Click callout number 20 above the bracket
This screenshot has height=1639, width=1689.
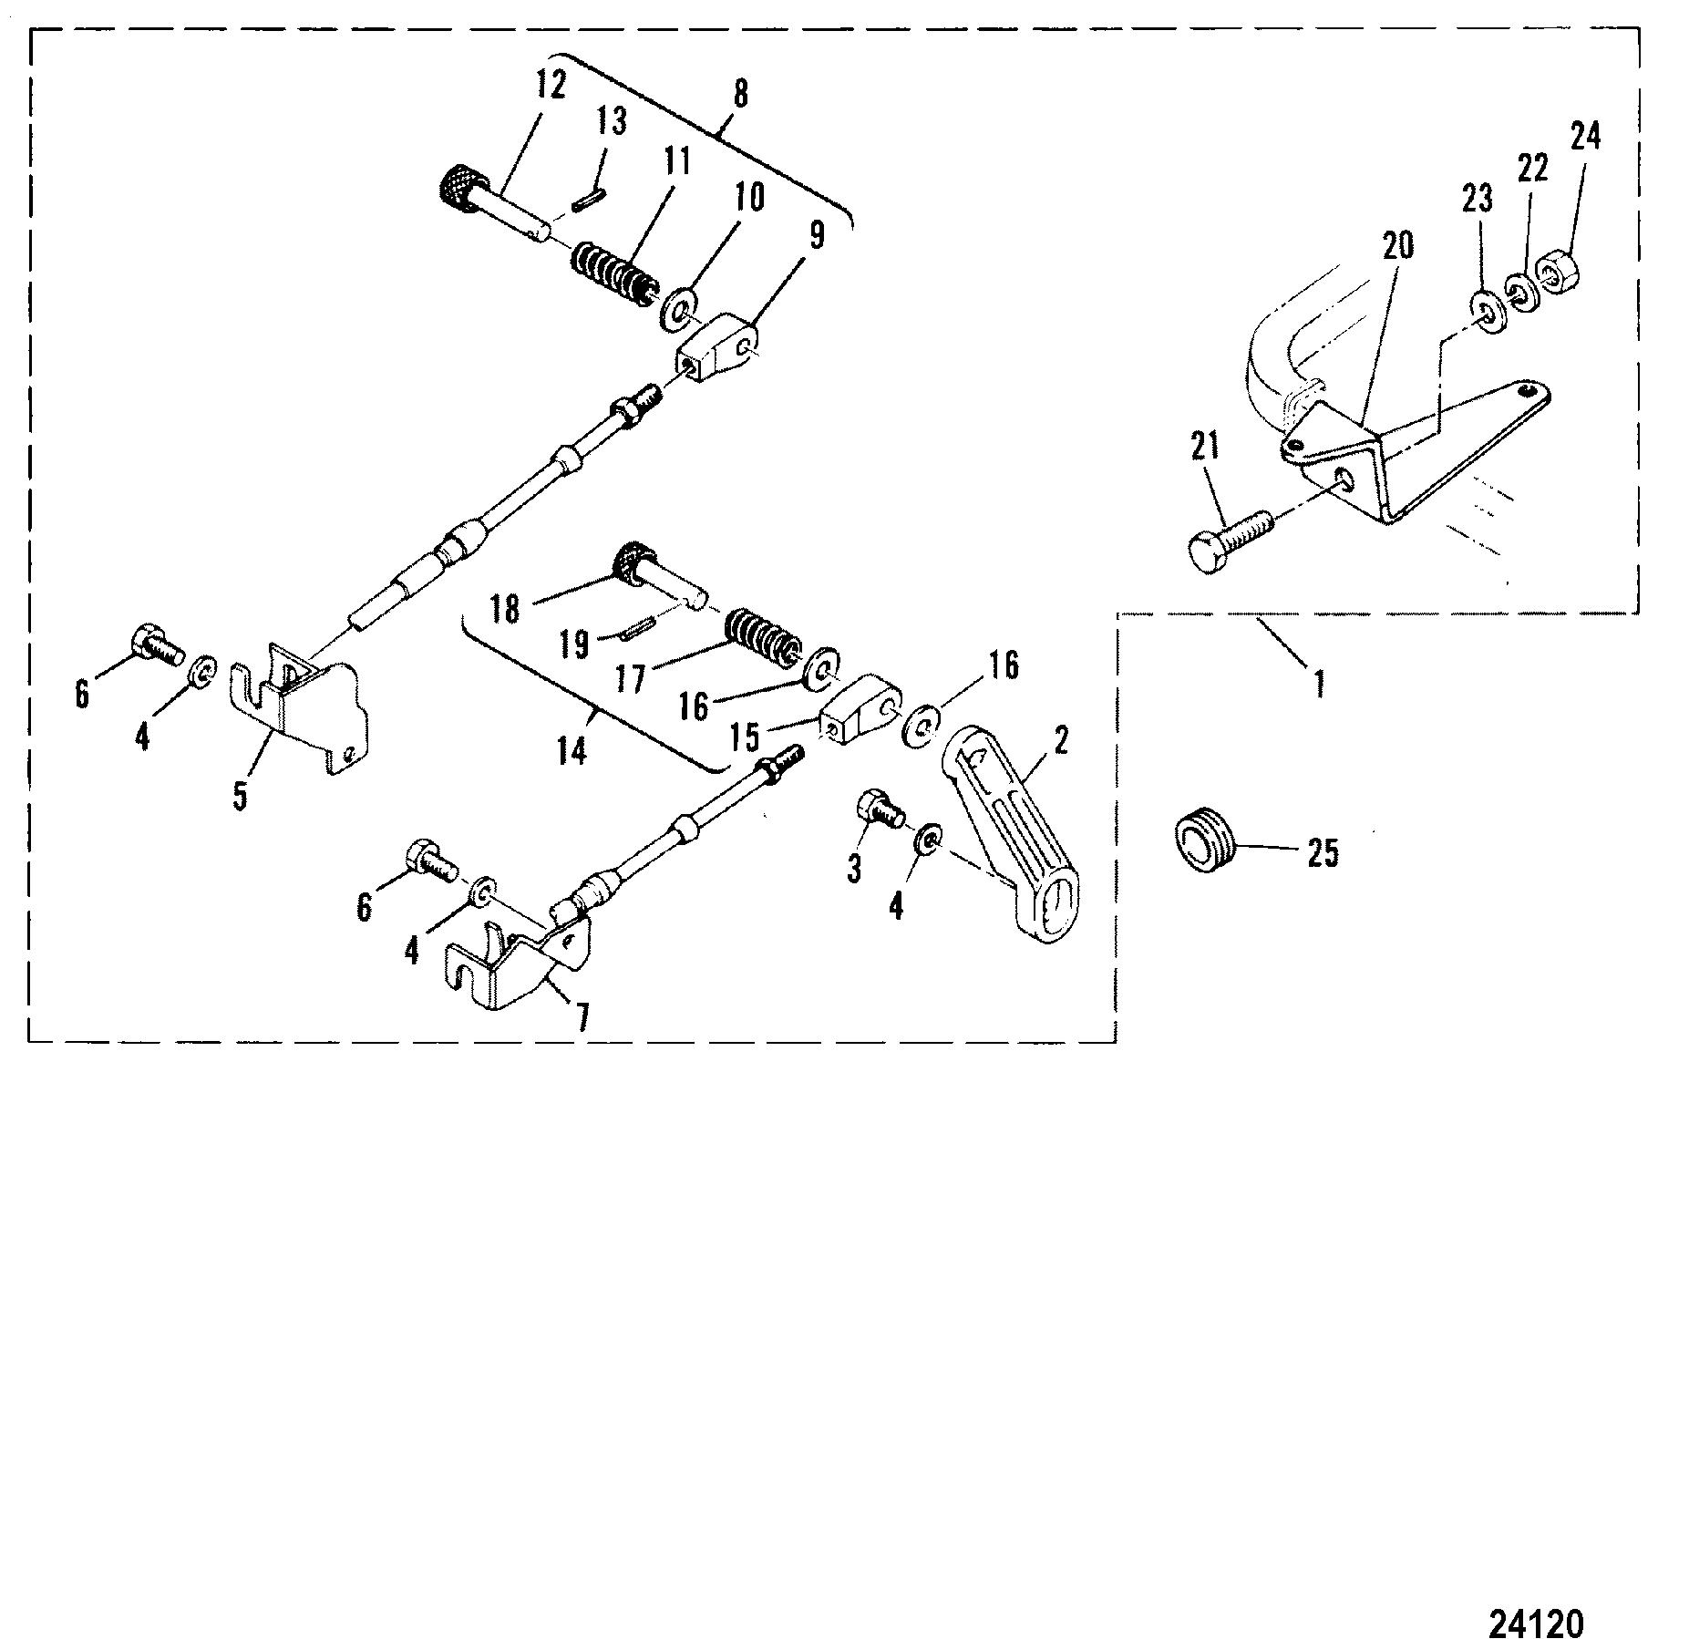(x=1397, y=245)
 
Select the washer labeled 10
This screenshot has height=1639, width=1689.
(x=677, y=307)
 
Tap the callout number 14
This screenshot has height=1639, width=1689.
(x=572, y=752)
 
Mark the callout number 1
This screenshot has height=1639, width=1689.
(x=1319, y=684)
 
